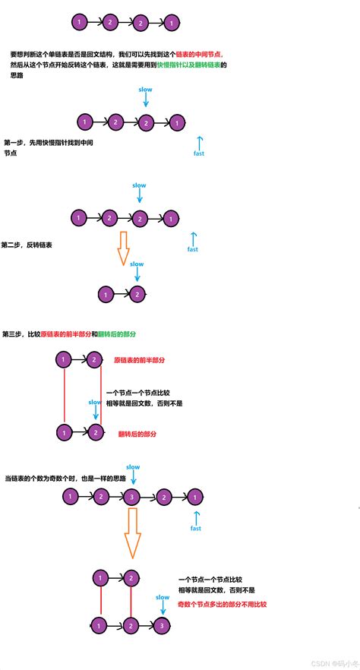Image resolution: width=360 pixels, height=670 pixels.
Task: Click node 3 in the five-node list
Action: coord(132,497)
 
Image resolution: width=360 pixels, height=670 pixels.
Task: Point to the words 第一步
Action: coord(15,142)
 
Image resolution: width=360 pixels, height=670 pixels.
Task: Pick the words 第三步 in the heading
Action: coord(14,333)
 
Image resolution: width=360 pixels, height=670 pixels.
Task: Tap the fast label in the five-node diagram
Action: coord(195,529)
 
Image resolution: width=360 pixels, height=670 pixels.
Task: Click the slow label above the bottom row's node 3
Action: coord(163,597)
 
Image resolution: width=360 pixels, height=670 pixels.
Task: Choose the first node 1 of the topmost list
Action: coord(80,23)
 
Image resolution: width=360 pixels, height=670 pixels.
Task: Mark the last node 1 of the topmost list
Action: coord(172,24)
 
